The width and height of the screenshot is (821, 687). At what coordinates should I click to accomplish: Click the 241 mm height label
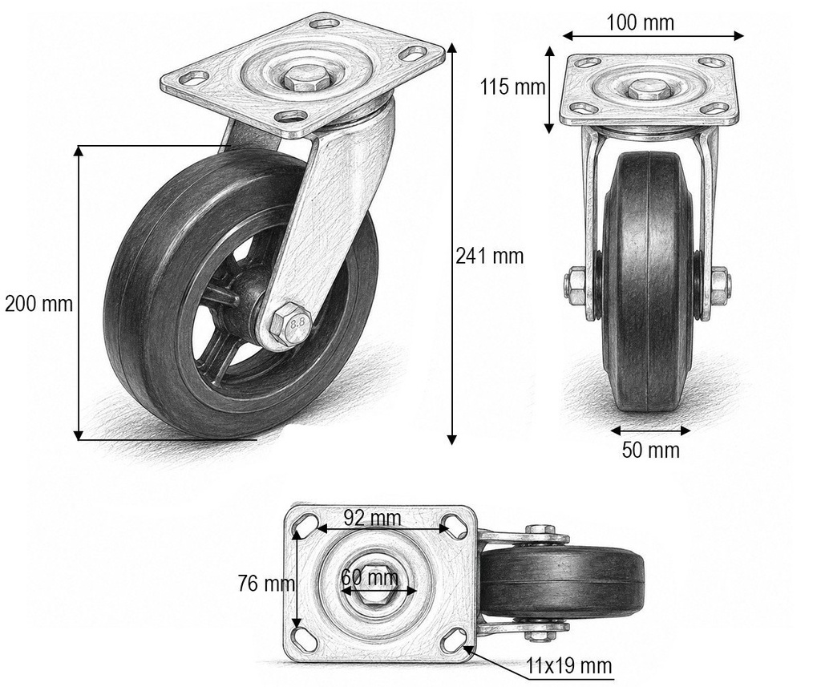489,256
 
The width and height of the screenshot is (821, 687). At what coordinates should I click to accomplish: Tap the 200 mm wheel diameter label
38,304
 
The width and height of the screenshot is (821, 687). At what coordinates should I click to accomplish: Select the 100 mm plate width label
640,22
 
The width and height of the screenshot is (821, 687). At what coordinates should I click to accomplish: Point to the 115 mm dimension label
513,87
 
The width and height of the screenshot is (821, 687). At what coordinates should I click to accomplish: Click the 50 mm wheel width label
651,450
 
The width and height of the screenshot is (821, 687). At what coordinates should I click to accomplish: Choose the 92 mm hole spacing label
372,518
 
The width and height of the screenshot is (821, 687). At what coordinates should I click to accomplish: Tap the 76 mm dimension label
266,583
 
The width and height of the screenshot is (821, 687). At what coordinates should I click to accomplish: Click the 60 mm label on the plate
370,577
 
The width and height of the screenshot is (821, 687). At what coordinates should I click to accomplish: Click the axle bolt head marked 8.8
289,325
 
